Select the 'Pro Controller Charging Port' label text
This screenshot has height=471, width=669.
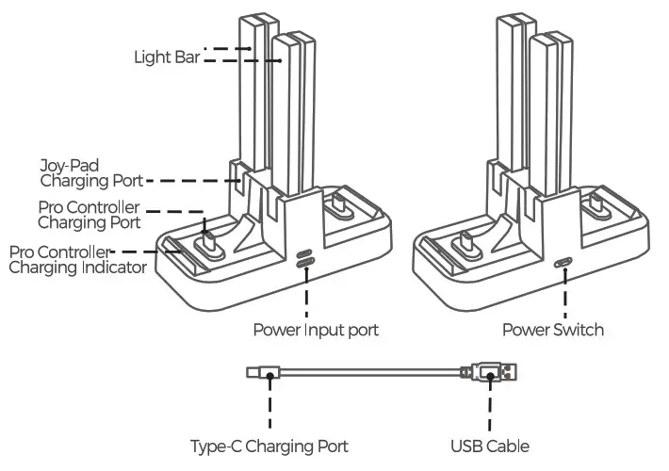pos(89,215)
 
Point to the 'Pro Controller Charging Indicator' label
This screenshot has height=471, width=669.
pos(77,260)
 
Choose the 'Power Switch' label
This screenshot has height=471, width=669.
pos(552,331)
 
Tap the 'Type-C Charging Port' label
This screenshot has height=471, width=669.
pos(269,446)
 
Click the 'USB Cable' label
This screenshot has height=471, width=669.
pos(490,446)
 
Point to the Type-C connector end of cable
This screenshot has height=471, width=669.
pos(256,374)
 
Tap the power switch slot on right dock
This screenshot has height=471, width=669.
pos(564,265)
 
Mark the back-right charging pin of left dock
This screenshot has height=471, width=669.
pos(336,203)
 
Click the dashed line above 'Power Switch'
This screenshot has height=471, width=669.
pos(564,297)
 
